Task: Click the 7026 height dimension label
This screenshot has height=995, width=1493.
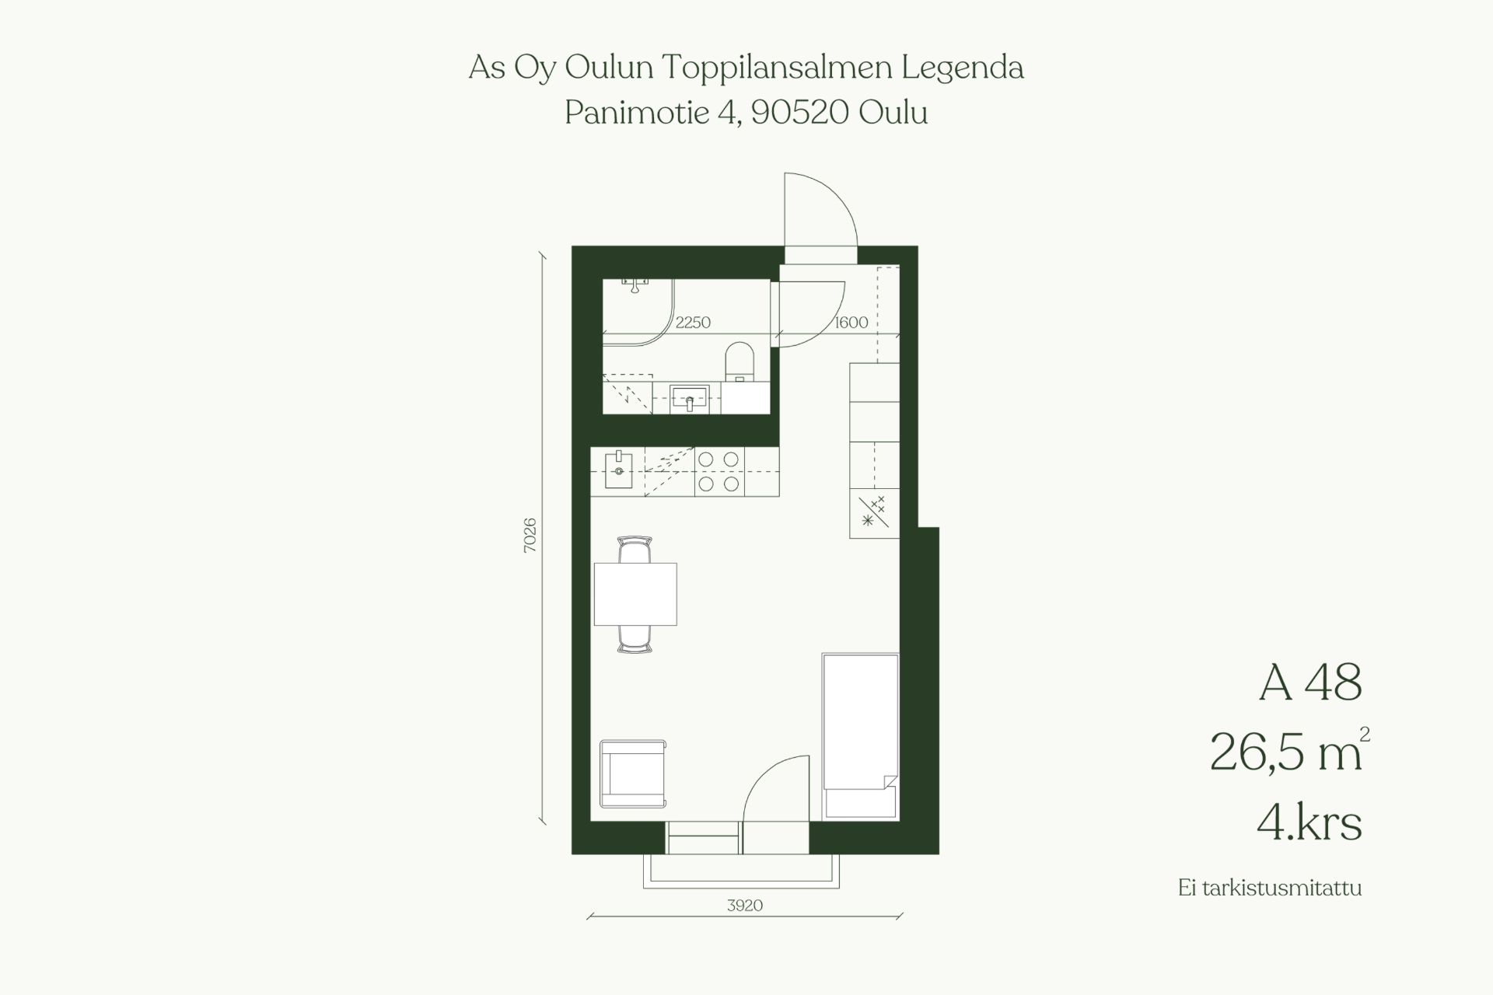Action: (x=530, y=535)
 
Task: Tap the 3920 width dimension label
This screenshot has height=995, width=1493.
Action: (x=745, y=906)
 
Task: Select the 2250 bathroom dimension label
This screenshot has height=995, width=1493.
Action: (x=693, y=323)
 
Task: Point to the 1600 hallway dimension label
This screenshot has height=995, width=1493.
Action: (x=851, y=323)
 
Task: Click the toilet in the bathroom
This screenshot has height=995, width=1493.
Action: (x=740, y=362)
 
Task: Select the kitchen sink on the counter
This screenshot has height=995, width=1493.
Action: (x=619, y=470)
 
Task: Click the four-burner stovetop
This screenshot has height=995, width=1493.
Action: (x=719, y=472)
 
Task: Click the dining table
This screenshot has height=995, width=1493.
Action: (x=635, y=594)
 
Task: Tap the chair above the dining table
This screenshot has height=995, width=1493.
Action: (x=635, y=549)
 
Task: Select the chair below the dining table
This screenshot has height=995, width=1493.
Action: (x=635, y=639)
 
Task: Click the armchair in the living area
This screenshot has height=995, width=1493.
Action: (x=633, y=774)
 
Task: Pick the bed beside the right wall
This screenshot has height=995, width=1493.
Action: (x=861, y=736)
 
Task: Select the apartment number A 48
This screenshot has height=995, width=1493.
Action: (x=1310, y=683)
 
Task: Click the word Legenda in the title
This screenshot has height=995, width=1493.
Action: (x=963, y=69)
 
